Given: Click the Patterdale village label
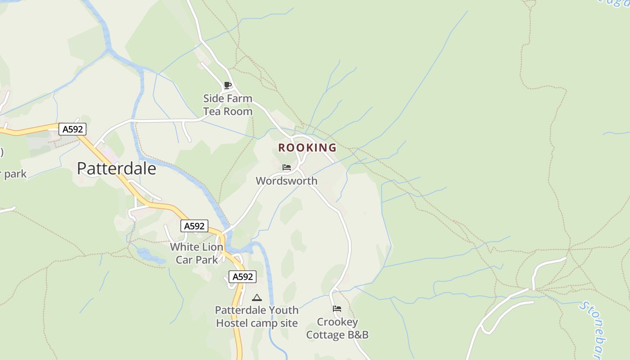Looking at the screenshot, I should (x=117, y=168).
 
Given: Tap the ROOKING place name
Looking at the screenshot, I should (x=307, y=148).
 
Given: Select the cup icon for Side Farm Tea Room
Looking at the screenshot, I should (x=228, y=85).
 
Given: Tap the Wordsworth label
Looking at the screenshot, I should (x=287, y=181).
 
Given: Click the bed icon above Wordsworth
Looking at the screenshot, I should (x=287, y=167).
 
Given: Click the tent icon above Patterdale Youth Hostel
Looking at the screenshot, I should (x=257, y=297).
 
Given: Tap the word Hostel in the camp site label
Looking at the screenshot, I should (x=232, y=323).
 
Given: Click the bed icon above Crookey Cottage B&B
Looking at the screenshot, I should (x=337, y=309).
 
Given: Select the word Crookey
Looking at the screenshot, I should (x=337, y=322).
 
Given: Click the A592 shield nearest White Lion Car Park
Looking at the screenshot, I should (x=194, y=226).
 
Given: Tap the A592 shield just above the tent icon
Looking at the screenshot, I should (x=243, y=277).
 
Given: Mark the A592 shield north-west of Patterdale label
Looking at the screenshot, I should (x=72, y=129).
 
